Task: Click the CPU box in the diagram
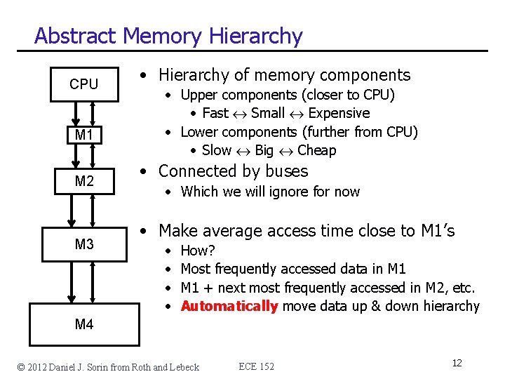click(84, 84)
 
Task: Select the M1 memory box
click(84, 134)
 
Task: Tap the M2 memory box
click(84, 182)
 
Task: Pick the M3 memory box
click(84, 244)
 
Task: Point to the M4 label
click(84, 324)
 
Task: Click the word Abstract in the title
click(75, 36)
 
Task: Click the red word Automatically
click(229, 306)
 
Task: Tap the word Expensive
click(339, 113)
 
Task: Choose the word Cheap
click(317, 150)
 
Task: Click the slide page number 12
click(457, 363)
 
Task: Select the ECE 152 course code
click(256, 366)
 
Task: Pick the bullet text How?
click(198, 251)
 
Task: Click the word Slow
click(216, 150)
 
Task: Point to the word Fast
click(215, 113)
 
